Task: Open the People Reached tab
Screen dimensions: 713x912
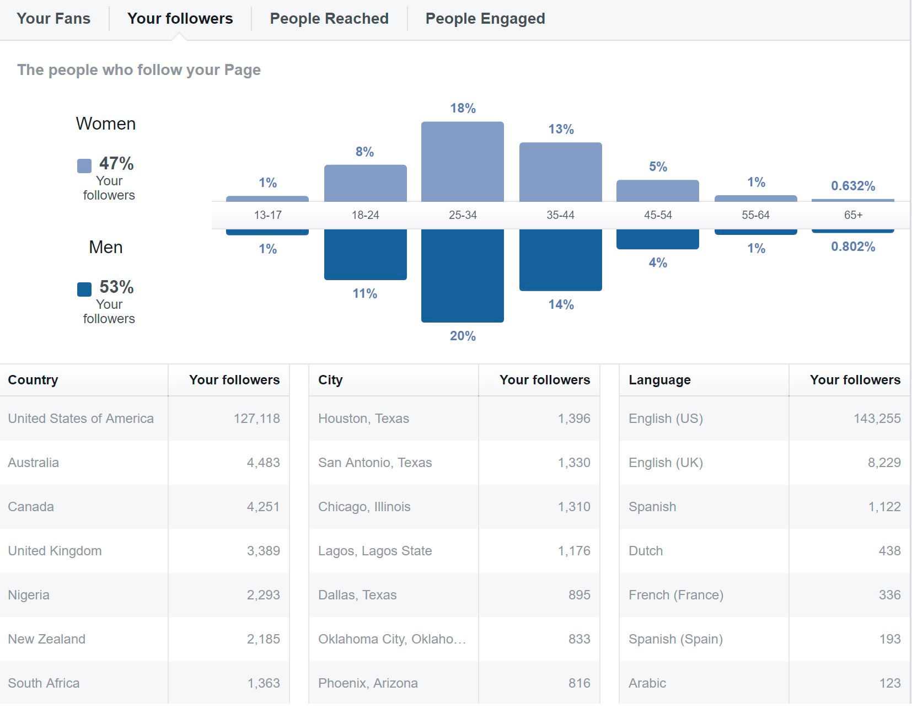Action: click(x=329, y=19)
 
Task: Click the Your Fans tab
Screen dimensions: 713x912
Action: click(x=53, y=19)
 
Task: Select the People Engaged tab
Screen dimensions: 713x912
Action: click(x=485, y=19)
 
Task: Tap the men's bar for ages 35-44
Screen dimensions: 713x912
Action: click(x=560, y=260)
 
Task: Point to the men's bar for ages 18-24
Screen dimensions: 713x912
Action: click(x=365, y=254)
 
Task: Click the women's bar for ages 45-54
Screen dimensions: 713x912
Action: click(x=657, y=191)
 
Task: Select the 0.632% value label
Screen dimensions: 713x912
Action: click(x=852, y=186)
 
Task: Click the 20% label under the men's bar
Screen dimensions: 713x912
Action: click(x=463, y=336)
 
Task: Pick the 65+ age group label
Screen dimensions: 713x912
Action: click(x=852, y=215)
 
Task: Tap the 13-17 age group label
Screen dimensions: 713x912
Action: click(x=267, y=215)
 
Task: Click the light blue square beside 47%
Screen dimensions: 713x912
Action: click(x=84, y=166)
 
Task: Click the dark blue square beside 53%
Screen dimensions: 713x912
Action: click(x=84, y=290)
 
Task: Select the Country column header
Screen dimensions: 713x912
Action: click(x=33, y=380)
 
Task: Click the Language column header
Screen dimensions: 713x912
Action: click(x=659, y=380)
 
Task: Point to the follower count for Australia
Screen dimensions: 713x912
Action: click(x=263, y=463)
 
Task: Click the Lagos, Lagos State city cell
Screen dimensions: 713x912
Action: click(x=375, y=551)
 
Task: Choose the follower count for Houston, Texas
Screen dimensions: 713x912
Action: click(x=573, y=419)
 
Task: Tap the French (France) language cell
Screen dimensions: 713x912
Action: click(x=675, y=595)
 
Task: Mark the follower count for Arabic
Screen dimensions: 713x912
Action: click(x=889, y=683)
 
